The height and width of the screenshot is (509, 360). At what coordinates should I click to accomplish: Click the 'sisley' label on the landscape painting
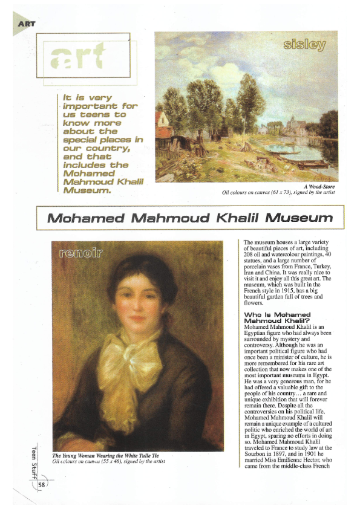304,45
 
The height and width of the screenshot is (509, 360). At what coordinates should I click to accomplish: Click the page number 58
42,485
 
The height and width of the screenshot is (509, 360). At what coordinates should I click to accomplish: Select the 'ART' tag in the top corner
27,24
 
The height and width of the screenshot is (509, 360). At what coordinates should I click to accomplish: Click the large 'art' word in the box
78,57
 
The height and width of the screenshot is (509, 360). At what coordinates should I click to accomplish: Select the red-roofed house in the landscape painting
162,123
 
